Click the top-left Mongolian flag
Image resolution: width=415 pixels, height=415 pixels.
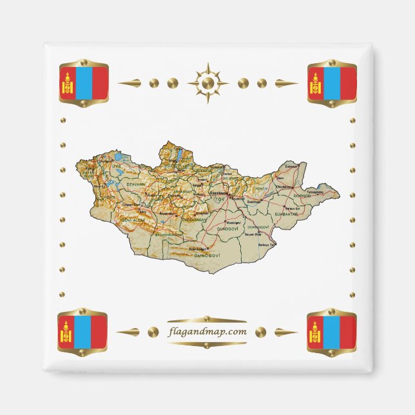(84, 83)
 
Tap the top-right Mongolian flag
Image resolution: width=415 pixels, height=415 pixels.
(332, 83)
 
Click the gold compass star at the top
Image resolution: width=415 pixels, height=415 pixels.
(207, 83)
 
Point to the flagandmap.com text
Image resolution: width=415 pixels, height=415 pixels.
(206, 332)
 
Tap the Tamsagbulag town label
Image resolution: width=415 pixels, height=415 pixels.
(314, 191)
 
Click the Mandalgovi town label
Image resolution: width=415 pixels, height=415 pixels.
(229, 221)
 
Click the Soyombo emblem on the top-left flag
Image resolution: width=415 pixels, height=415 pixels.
(67, 83)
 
